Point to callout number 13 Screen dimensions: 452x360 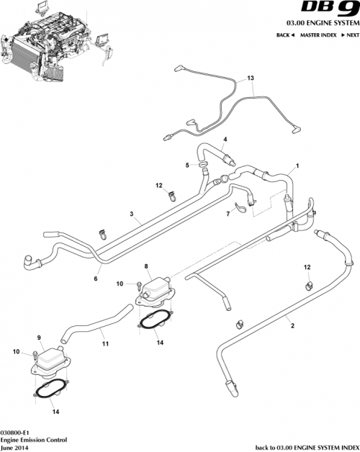pyautogui.click(x=251, y=78)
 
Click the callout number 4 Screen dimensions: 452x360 pyautogui.click(x=225, y=139)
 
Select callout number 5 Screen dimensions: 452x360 pyautogui.click(x=186, y=165)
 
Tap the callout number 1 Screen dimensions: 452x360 pyautogui.click(x=297, y=166)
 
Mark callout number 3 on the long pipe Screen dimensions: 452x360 pyautogui.click(x=132, y=214)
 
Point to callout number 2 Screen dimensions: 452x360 pyautogui.click(x=292, y=325)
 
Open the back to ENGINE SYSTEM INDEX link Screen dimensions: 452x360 pyautogui.click(x=307, y=446)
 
